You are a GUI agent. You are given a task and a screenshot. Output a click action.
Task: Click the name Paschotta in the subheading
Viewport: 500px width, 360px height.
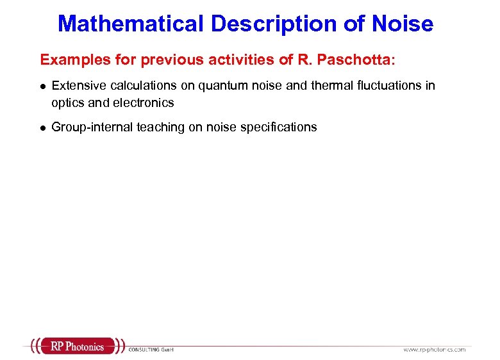(x=362, y=60)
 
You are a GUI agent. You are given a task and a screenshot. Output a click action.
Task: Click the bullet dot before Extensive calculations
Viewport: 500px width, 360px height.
(x=42, y=86)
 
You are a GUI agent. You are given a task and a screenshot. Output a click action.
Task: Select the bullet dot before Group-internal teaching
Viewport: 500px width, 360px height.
(x=42, y=127)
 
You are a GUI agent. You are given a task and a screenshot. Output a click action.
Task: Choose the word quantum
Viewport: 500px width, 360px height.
(x=221, y=85)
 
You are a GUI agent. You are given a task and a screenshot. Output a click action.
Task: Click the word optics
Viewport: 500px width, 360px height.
(x=67, y=102)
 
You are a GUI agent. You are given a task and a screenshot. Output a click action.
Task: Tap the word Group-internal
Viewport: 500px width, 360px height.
(x=92, y=127)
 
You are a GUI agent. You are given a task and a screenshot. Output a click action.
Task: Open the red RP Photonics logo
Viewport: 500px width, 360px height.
(x=77, y=347)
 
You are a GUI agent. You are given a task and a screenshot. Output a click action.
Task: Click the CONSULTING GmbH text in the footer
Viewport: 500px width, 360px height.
(x=151, y=349)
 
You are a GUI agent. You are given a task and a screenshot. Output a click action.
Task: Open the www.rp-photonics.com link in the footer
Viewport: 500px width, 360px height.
(x=434, y=349)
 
